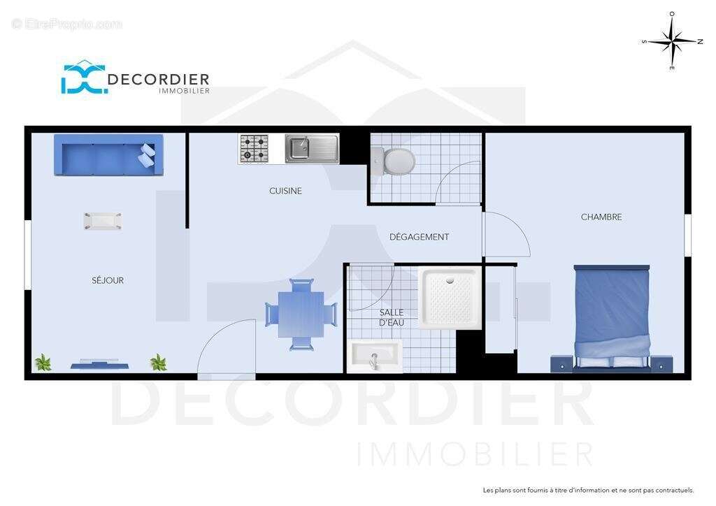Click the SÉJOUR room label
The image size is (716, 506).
tap(108, 280)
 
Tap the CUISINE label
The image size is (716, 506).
tap(285, 191)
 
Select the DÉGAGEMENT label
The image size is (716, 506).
tap(419, 237)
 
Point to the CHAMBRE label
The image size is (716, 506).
tap(601, 217)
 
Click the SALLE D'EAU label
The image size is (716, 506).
tap(392, 317)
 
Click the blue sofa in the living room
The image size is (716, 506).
tap(108, 155)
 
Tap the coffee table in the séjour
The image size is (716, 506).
tap(103, 221)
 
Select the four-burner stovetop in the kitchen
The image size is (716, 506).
tap(254, 149)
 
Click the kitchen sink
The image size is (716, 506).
tap(312, 149)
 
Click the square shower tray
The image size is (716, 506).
tap(449, 298)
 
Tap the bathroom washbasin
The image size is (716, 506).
tap(375, 356)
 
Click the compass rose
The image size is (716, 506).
tap(671, 41)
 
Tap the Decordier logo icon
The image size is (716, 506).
tap(83, 78)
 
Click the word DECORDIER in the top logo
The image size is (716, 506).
tap(159, 80)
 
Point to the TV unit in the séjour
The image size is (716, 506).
tap(99, 363)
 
